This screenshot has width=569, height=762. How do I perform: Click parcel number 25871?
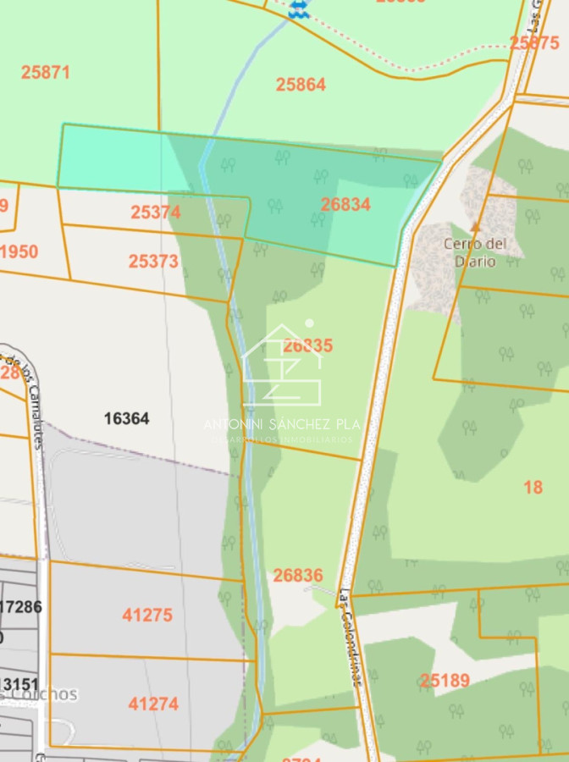click(46, 73)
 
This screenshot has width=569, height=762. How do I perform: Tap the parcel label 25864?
click(301, 85)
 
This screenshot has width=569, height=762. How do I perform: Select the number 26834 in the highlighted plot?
click(345, 205)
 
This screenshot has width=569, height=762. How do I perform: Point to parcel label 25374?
click(156, 213)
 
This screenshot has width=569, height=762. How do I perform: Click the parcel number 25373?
click(154, 262)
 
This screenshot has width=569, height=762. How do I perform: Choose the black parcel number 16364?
click(126, 418)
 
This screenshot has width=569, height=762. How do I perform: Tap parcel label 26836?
click(298, 576)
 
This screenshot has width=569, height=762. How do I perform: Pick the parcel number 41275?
click(147, 616)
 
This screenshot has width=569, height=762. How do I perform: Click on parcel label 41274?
click(153, 704)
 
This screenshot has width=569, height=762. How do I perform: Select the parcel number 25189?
click(445, 681)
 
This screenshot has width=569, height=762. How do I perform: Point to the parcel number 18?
click(533, 487)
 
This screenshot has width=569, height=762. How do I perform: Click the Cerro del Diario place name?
click(475, 252)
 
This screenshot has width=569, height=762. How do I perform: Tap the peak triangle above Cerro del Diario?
click(475, 226)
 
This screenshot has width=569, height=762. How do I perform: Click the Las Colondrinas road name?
click(351, 637)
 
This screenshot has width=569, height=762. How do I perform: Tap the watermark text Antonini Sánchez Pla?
click(282, 424)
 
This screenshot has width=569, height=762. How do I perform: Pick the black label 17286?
click(20, 606)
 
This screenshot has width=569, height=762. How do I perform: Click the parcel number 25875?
click(533, 42)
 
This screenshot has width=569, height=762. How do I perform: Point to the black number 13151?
click(19, 684)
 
